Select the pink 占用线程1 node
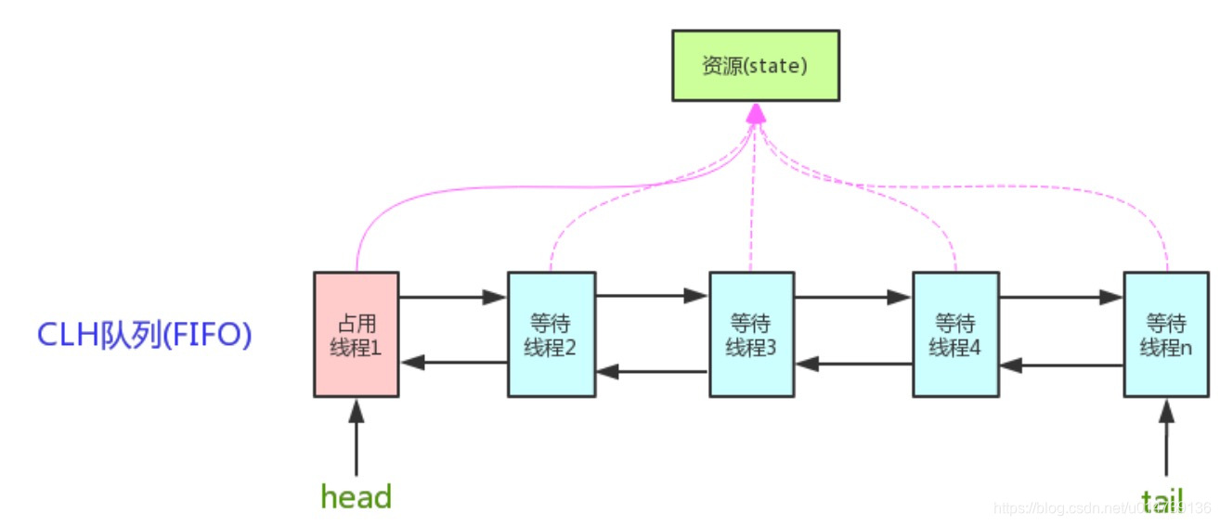(357, 335)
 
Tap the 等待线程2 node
(551, 335)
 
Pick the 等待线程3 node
(751, 335)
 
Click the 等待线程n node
(1166, 335)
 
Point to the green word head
(357, 496)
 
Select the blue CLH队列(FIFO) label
(144, 335)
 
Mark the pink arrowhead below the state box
(757, 113)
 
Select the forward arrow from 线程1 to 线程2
(453, 298)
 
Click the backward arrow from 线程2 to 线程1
(453, 363)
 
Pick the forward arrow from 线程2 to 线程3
(652, 298)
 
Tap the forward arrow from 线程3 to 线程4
(852, 298)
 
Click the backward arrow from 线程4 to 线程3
(852, 364)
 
